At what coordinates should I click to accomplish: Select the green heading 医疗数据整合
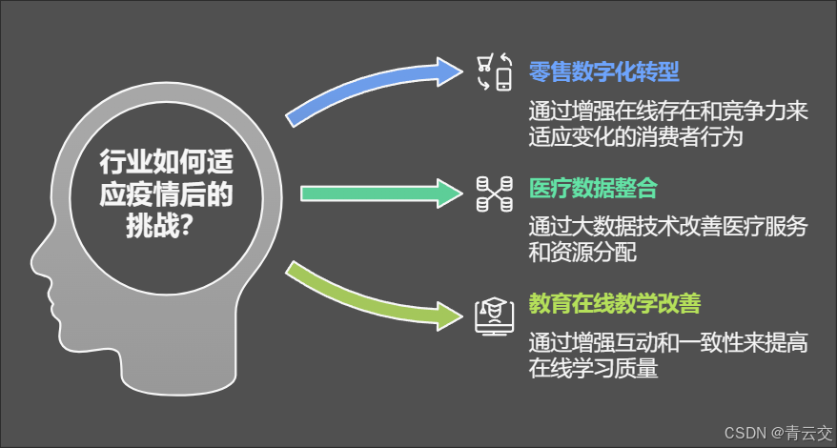coord(593,189)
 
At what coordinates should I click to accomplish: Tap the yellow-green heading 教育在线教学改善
coord(615,305)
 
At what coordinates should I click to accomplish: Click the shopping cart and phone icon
coord(495,72)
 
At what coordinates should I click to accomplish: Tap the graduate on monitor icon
coord(495,314)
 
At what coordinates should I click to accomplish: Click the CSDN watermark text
coord(746,433)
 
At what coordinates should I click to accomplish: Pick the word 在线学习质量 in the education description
coord(594,369)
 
